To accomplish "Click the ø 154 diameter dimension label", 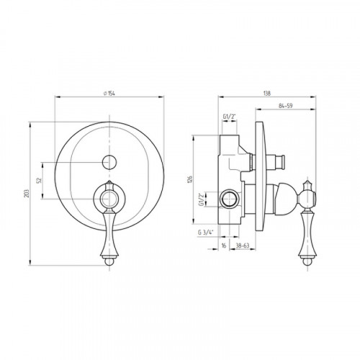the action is tap(109, 94).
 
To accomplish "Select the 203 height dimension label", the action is tap(27, 194).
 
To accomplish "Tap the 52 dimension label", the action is tap(40, 180).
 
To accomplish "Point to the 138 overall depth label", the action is tap(267, 93).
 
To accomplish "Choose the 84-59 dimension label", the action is tap(286, 106).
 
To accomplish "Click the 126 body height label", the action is tap(190, 179).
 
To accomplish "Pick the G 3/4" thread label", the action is tap(206, 233).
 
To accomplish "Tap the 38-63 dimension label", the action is tap(243, 246).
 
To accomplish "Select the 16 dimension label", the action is tap(224, 246).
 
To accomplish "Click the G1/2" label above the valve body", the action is tap(230, 117).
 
